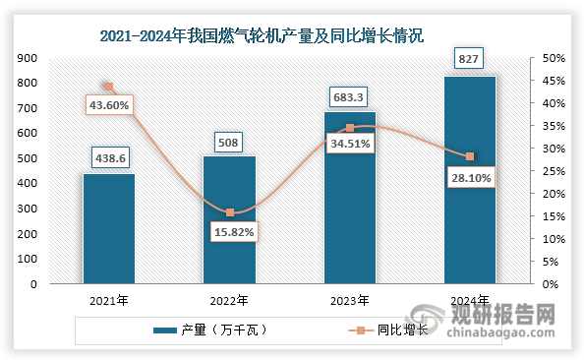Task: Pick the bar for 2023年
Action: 349,197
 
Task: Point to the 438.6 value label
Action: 108,157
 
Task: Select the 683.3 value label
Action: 349,96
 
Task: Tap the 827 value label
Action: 470,60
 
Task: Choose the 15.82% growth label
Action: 230,231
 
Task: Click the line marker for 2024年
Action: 470,157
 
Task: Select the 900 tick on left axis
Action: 28,58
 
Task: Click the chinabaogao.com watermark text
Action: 502,332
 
